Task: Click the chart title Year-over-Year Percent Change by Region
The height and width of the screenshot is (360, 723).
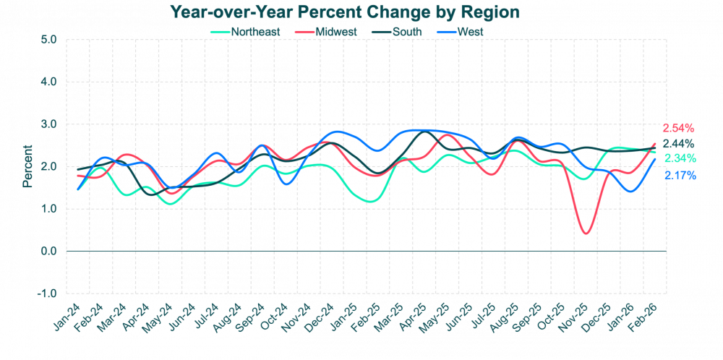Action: (x=345, y=12)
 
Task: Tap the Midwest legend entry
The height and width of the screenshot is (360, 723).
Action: (x=327, y=31)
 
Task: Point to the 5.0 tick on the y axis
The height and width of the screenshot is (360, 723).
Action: (x=49, y=39)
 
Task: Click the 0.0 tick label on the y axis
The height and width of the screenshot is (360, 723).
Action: (x=49, y=252)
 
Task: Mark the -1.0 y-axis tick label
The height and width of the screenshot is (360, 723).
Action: (x=48, y=293)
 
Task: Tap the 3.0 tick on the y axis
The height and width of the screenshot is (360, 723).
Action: (x=49, y=124)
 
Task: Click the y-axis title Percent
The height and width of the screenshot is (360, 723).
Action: (x=27, y=166)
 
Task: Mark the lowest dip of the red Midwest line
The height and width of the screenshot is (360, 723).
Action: (x=586, y=233)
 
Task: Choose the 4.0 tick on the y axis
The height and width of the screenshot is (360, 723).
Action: (x=49, y=82)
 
